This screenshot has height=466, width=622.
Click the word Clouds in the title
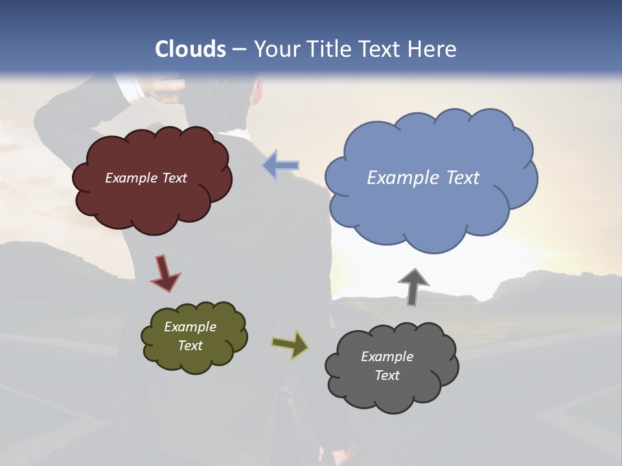(190, 49)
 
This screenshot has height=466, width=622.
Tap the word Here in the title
(432, 49)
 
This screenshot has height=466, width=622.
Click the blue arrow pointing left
(281, 165)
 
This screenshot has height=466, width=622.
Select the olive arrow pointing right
(290, 344)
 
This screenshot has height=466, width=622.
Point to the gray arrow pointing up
(413, 285)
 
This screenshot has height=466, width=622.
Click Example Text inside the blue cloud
(423, 178)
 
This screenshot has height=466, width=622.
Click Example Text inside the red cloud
(146, 178)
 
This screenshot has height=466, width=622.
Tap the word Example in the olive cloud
(190, 327)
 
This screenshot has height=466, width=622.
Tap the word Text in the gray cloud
(387, 375)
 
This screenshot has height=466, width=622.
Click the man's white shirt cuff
(130, 87)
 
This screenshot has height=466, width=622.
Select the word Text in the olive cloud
(190, 346)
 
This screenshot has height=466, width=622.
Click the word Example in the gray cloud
(387, 357)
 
